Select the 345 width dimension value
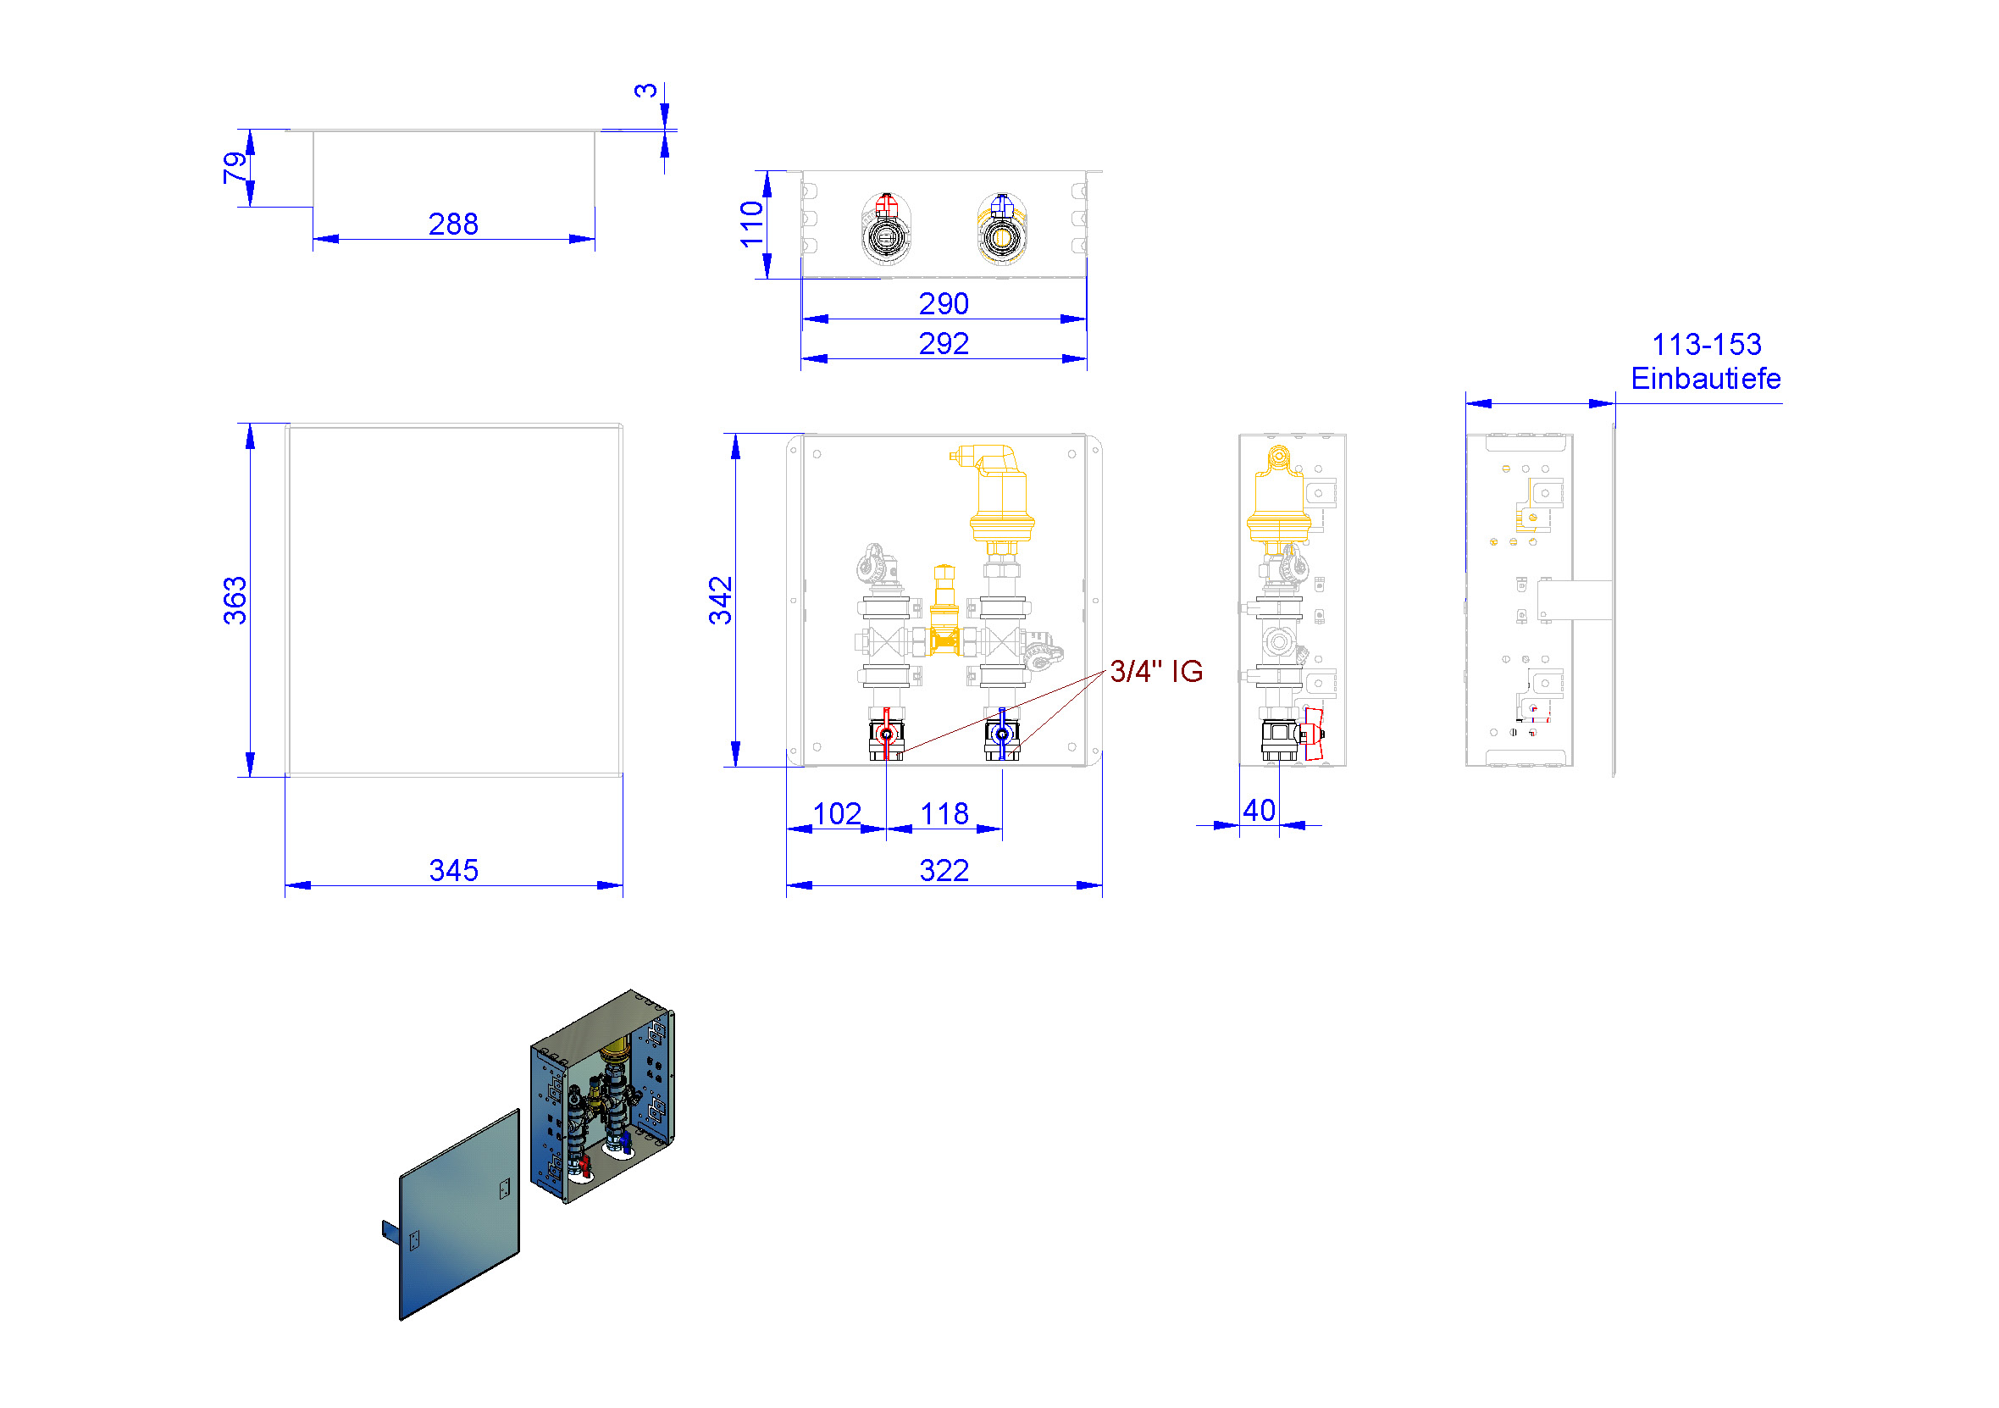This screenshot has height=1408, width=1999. pos(454,870)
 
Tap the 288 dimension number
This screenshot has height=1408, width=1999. pos(454,225)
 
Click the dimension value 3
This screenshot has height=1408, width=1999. pos(646,91)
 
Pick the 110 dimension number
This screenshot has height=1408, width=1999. pos(751,224)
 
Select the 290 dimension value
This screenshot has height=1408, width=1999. pos(944,304)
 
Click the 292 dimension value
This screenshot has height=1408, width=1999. pos(944,344)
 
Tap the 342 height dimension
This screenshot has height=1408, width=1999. pos(721,600)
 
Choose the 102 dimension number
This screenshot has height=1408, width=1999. pos(837,814)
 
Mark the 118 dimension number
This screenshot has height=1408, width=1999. pos(944,814)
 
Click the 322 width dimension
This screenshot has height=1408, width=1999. pos(944,870)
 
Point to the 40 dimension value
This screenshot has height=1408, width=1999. pos(1259,811)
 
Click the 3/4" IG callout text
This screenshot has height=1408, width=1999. pos(1156,671)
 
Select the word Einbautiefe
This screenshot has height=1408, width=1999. pos(1706,379)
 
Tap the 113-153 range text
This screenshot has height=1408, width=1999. pos(1707,345)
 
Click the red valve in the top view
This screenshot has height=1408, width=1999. pos(886,206)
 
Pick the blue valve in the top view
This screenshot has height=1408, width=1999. pos(1002,206)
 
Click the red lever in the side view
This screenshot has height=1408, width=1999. pos(1313,734)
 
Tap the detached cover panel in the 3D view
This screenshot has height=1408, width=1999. pos(460,1214)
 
